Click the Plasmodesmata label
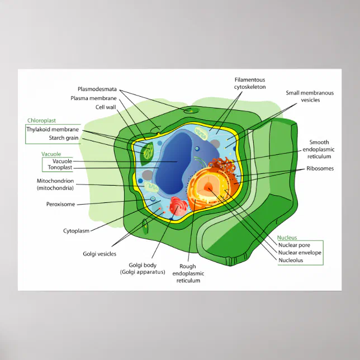point(97,89)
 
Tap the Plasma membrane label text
point(93,98)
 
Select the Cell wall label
point(106,107)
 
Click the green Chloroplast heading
point(41,120)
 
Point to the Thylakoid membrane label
point(53,129)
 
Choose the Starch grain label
point(64,138)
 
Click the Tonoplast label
point(60,167)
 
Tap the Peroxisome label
point(60,204)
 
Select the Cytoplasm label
point(77,230)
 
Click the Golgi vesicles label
point(100,254)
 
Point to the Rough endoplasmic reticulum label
point(188,273)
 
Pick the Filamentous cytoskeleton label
point(250,83)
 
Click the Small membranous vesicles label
point(310,96)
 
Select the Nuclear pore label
point(293,245)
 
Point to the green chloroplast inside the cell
point(148,151)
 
